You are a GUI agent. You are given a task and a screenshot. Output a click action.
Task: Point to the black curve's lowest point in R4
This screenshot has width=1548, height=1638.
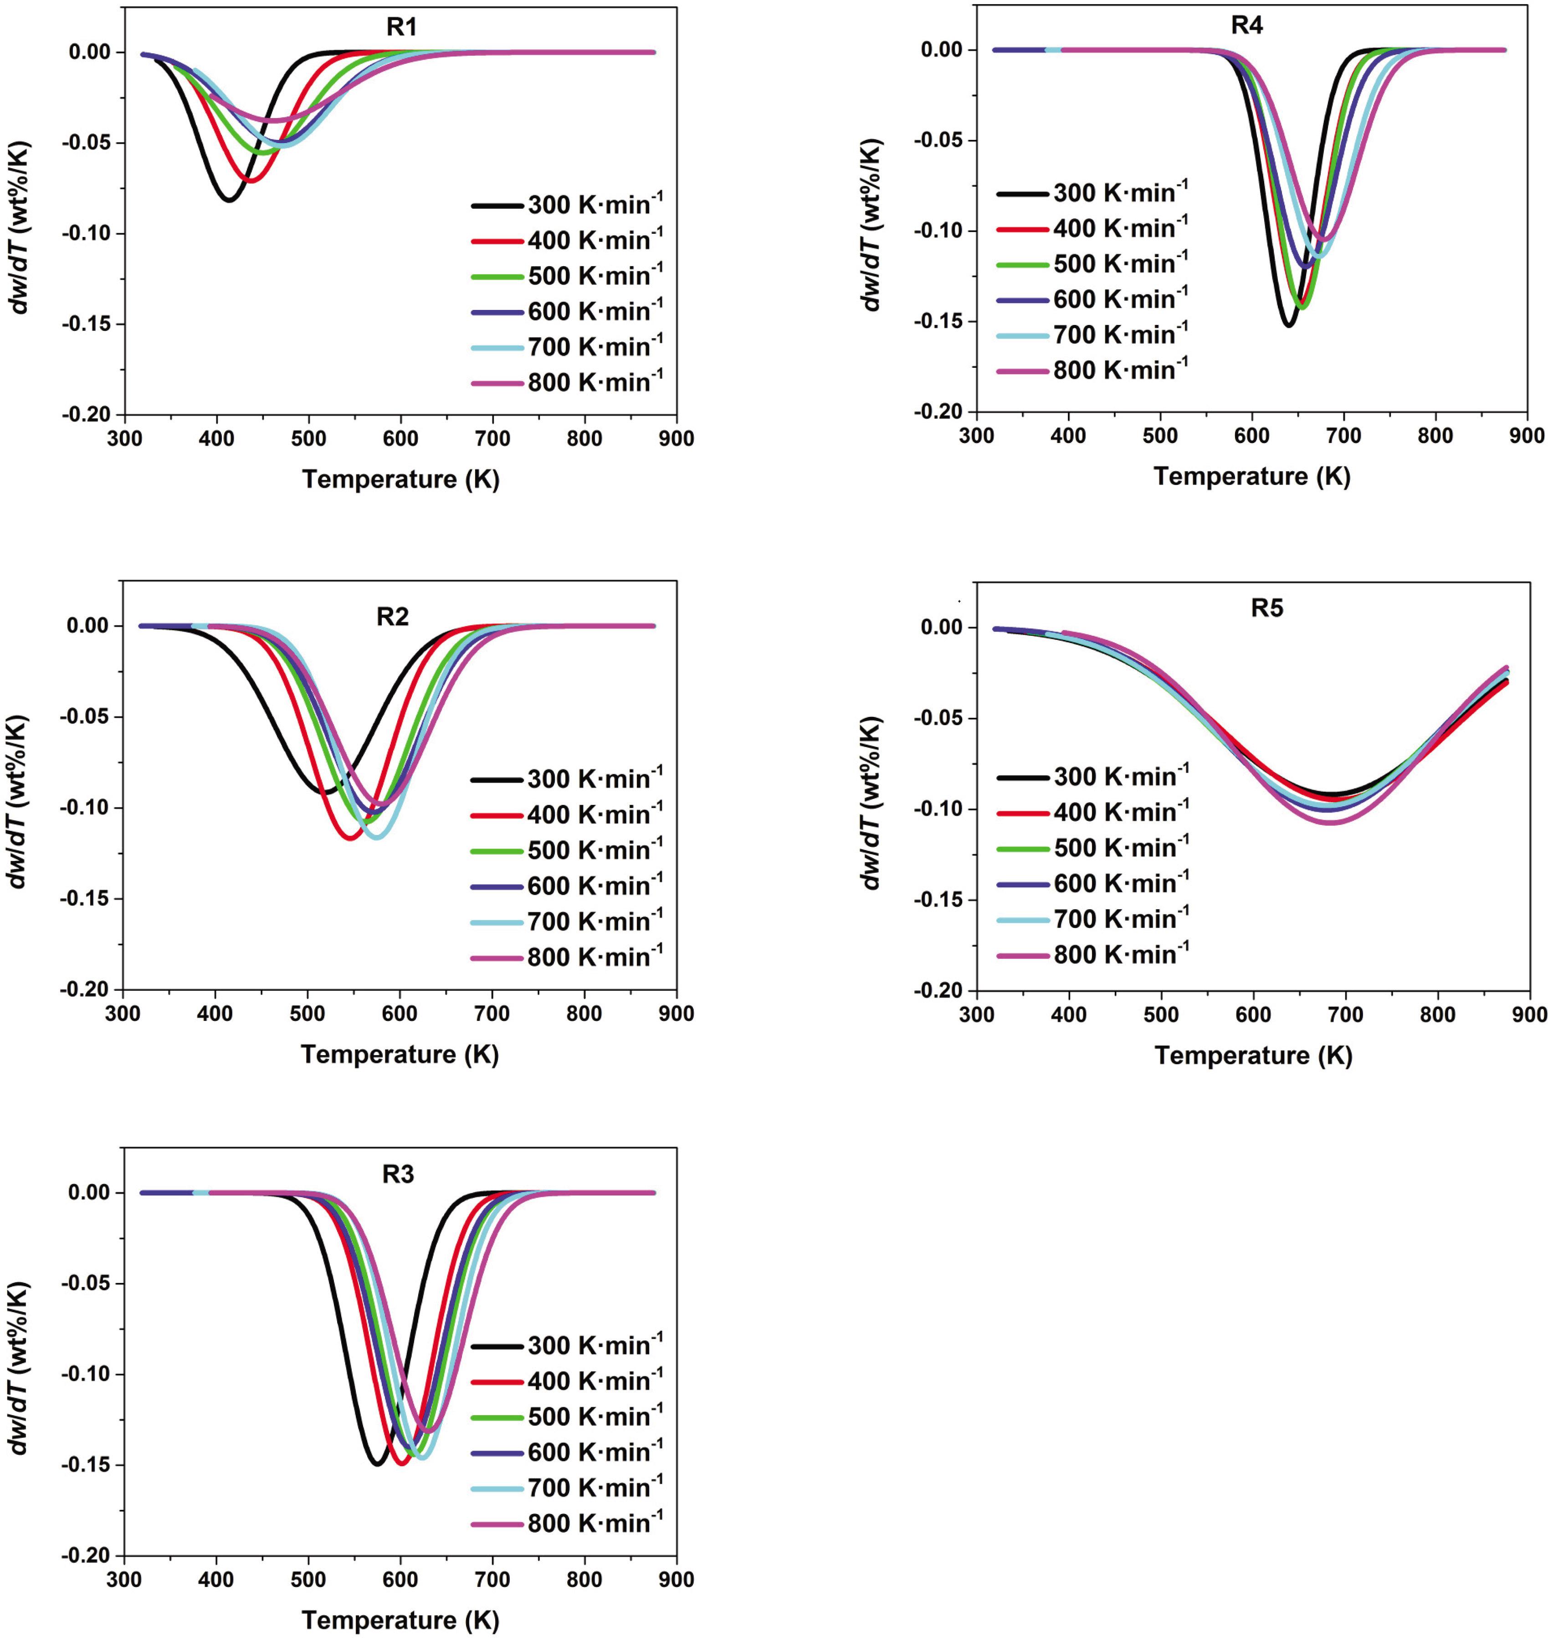[x=1288, y=325]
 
